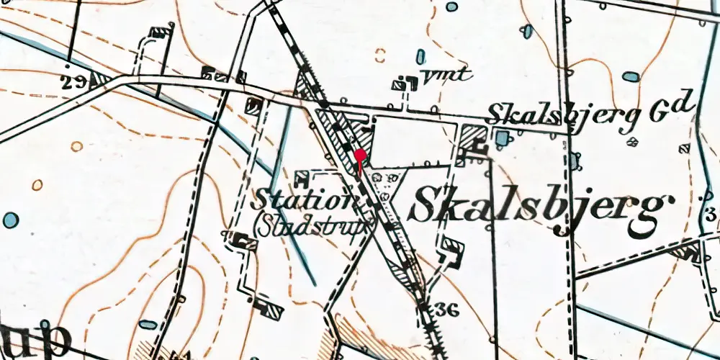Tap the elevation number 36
[x=447, y=310]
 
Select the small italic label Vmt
[x=446, y=73]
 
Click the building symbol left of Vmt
[x=399, y=85]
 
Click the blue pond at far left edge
[x=10, y=220]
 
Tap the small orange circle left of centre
[x=76, y=147]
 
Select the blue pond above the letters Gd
[x=631, y=76]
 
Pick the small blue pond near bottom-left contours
[x=147, y=325]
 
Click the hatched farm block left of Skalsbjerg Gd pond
[x=472, y=136]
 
